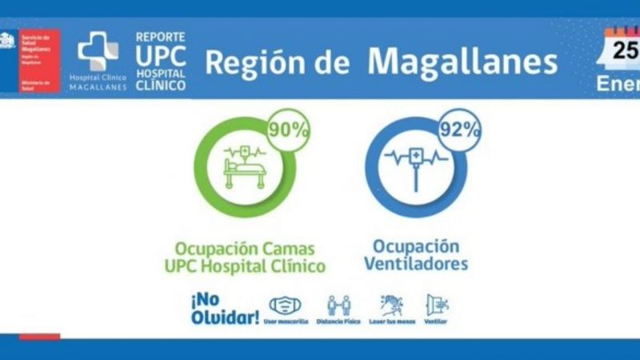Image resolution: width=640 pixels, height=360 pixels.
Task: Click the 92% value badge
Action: [x=458, y=130]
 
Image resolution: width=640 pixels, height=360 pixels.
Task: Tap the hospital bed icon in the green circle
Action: [x=244, y=167]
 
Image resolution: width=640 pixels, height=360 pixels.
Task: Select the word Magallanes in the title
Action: [x=462, y=62]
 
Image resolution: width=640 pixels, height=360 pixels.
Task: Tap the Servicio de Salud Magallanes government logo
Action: [x=30, y=60]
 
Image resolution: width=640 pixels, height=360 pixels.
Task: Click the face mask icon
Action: [x=286, y=306]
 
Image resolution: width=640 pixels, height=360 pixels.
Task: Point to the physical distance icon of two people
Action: [x=338, y=306]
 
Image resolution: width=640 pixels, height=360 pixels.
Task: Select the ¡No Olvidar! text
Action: [x=225, y=309]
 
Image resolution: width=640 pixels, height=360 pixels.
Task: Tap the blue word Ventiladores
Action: [x=416, y=263]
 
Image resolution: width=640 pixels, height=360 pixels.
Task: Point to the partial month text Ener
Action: [x=618, y=83]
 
